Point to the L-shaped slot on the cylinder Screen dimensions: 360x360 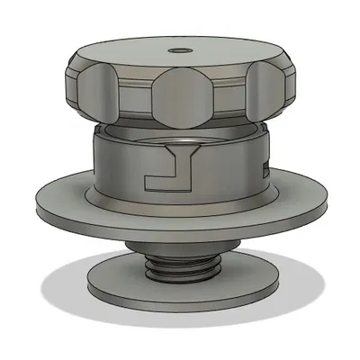coord(171,173)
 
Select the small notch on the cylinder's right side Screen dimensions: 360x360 coord(265,169)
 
